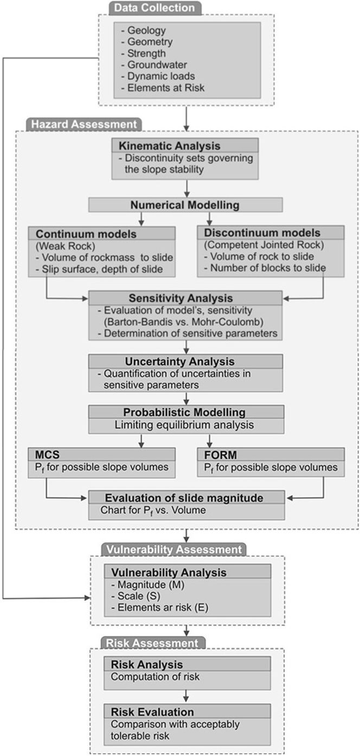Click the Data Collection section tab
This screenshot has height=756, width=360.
(155, 8)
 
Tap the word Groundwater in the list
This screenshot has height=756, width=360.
(157, 65)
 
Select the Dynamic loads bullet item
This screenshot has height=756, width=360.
(158, 76)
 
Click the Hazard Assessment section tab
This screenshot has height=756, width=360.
(83, 124)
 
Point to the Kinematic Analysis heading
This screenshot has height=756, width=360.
(169, 146)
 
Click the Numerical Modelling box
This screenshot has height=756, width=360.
(185, 205)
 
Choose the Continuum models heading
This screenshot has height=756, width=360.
(86, 234)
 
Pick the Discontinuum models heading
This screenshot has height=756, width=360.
(262, 233)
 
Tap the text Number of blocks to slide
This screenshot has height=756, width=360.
(268, 268)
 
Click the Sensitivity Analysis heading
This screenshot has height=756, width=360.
(181, 298)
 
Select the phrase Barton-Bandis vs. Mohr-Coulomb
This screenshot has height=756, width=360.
(184, 322)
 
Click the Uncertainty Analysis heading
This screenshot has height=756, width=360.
(179, 362)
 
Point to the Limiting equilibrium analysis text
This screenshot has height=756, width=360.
(184, 425)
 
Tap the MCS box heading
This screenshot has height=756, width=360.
(47, 454)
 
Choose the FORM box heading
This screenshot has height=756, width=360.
(220, 455)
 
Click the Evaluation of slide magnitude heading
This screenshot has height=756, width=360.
(184, 498)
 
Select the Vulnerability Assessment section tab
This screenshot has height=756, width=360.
(173, 549)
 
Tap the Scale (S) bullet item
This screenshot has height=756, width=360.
(136, 595)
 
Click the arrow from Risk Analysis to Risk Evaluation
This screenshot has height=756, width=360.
(186, 696)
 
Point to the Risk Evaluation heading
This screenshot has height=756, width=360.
(152, 712)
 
